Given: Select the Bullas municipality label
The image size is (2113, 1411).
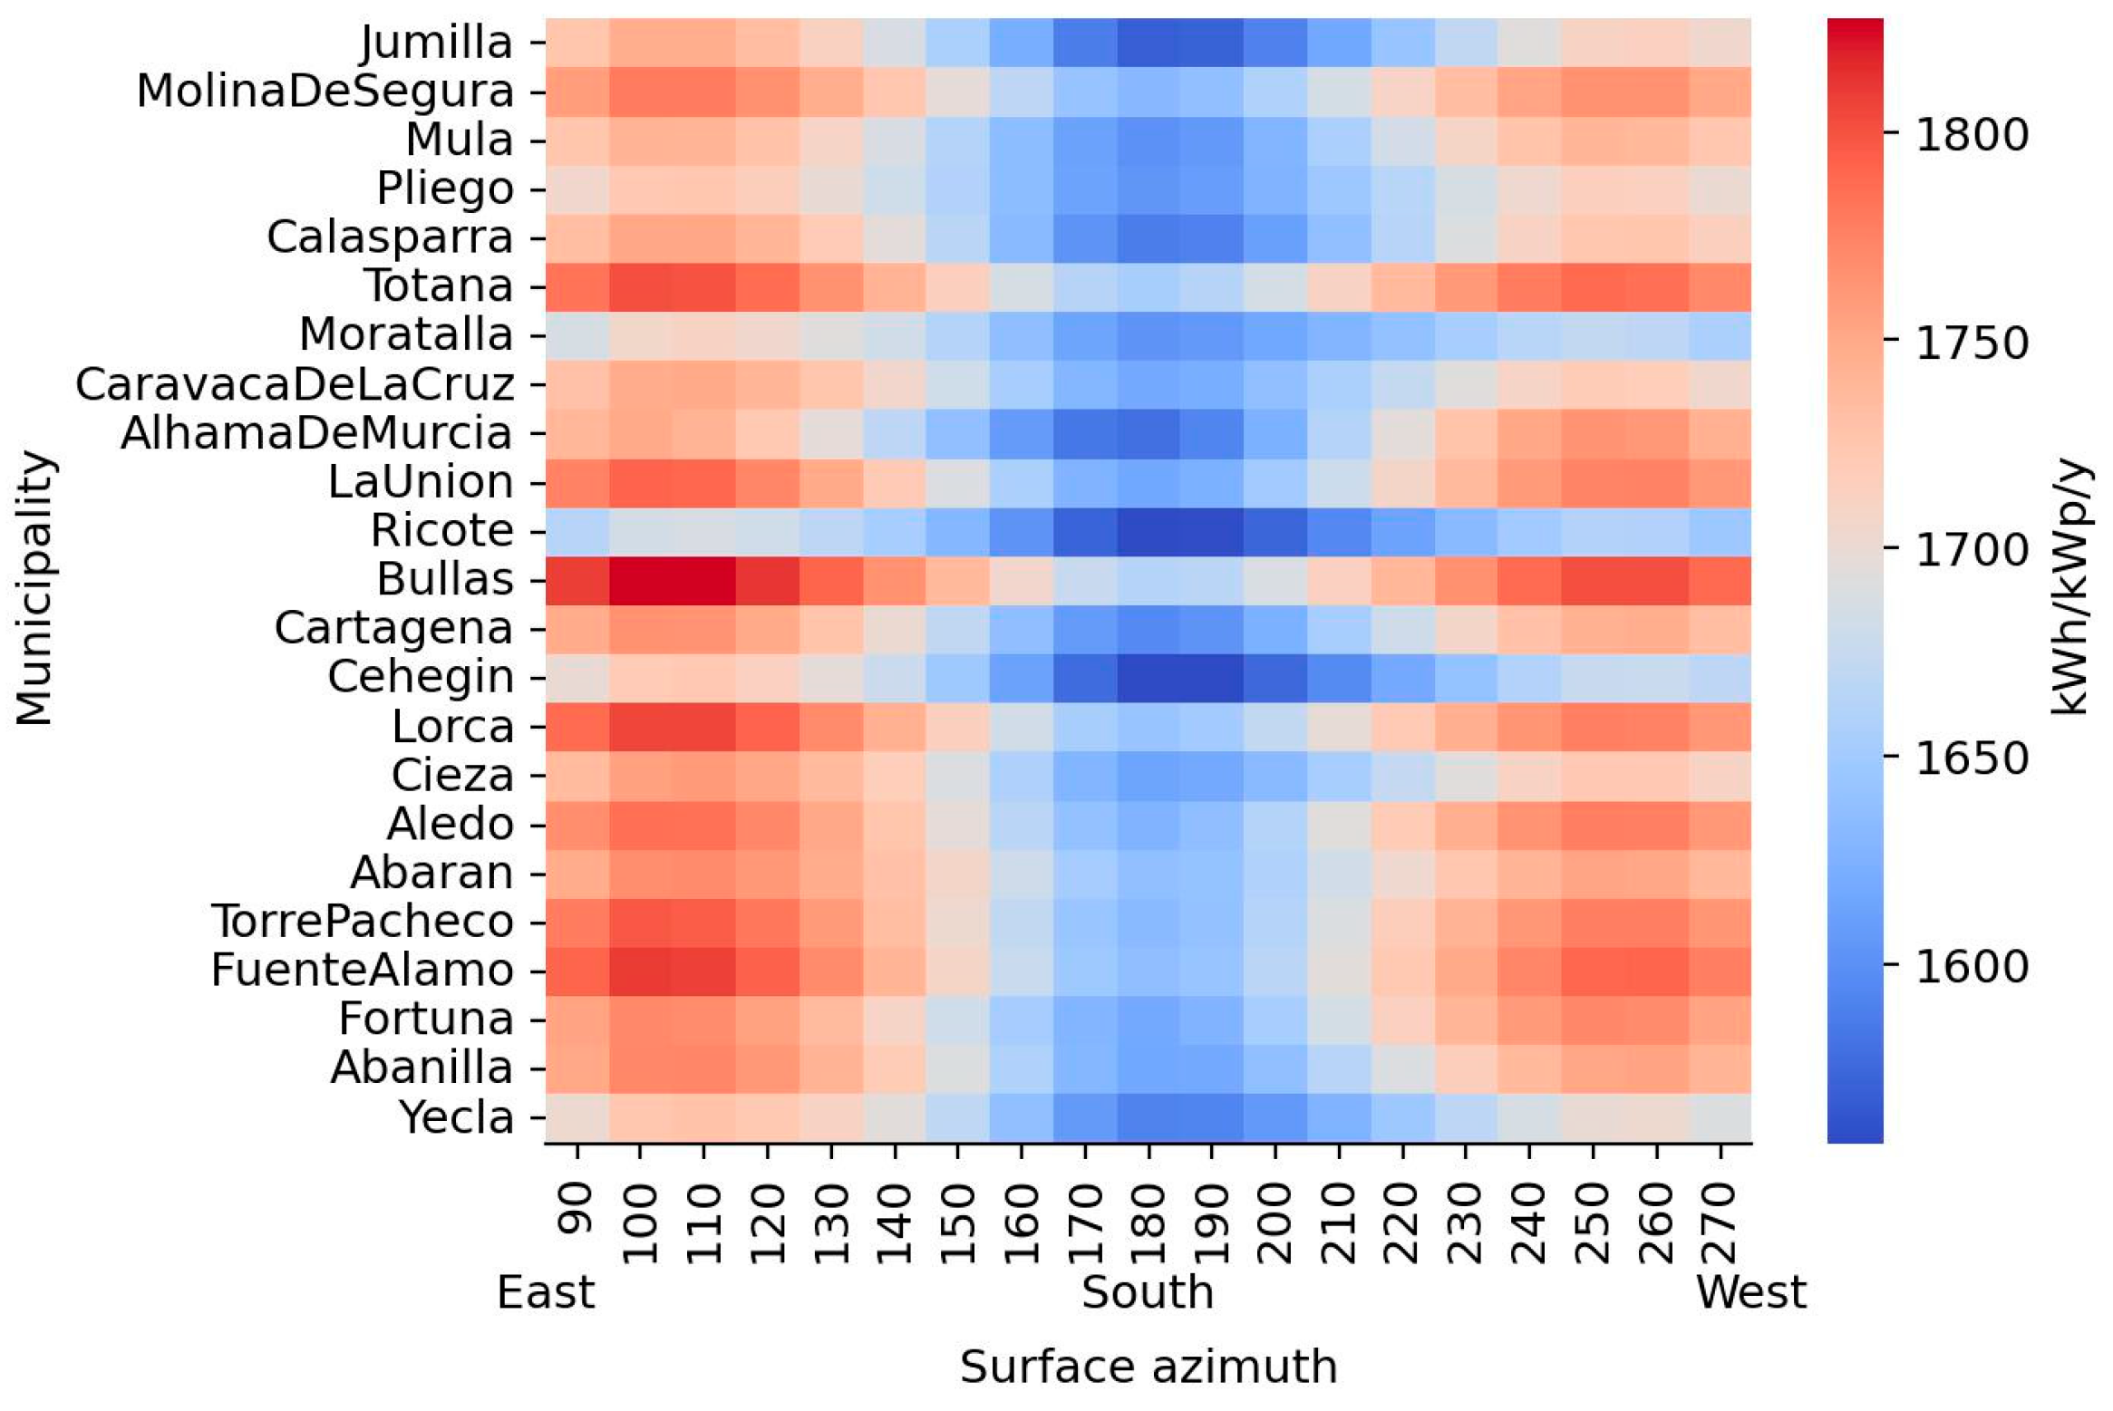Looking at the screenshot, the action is coord(445,580).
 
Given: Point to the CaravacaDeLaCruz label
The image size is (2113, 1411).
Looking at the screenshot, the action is coord(295,384).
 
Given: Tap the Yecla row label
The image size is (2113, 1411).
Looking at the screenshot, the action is coord(457,1117).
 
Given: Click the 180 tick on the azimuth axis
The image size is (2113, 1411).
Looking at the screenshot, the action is coord(1149,1223).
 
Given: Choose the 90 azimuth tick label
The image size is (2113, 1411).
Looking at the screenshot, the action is coord(577,1209).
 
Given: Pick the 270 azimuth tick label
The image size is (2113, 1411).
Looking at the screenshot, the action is coord(1720,1223).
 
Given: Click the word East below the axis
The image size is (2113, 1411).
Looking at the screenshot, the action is coord(546,1292).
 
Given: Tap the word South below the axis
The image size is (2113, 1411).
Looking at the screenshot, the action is coord(1148,1292).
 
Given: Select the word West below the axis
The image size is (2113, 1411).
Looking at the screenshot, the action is coord(1751,1292).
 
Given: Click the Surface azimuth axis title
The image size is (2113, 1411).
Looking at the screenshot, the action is coord(1149,1367).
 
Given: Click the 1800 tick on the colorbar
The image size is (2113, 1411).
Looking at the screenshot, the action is coord(1972,135).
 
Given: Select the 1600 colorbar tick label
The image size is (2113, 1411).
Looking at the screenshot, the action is coord(1972,967).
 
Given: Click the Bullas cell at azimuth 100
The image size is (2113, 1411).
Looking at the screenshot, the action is coord(640,580).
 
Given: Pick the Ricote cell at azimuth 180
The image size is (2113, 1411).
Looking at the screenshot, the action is coord(1149,531).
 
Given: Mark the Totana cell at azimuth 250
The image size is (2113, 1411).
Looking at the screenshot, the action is coord(1593,286).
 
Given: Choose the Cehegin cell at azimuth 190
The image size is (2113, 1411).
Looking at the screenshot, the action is coord(1212,678).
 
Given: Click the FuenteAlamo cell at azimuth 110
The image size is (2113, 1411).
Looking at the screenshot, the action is coord(703,971).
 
